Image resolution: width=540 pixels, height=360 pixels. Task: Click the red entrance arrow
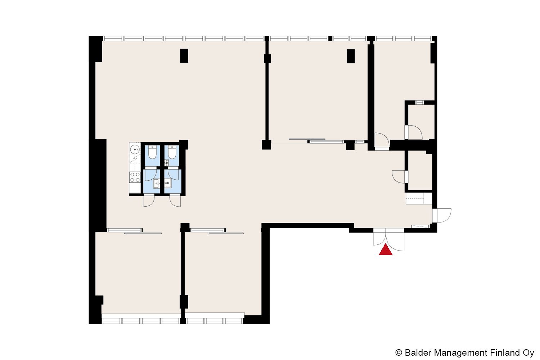(386, 250)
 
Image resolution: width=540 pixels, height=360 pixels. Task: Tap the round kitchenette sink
(135, 149)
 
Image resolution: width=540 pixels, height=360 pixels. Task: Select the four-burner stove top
(135, 177)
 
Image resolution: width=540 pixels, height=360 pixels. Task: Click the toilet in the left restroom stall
(152, 152)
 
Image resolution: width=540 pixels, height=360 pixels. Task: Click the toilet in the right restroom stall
(172, 152)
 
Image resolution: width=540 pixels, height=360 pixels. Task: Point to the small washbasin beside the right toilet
(167, 163)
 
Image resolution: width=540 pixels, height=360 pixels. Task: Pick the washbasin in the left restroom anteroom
(157, 184)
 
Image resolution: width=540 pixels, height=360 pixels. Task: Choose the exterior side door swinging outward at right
(442, 215)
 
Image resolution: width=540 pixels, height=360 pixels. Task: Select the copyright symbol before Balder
(399, 352)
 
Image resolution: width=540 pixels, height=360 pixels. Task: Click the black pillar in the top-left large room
(184, 56)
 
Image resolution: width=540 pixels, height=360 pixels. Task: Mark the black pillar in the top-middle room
(351, 56)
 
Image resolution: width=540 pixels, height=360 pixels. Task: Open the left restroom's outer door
(149, 200)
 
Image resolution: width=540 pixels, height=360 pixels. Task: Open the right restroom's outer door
(175, 200)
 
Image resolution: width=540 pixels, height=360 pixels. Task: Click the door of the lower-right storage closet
(400, 177)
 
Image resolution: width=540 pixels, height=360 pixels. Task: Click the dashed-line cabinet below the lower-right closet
(419, 198)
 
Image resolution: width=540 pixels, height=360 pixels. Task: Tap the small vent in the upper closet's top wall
(419, 103)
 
